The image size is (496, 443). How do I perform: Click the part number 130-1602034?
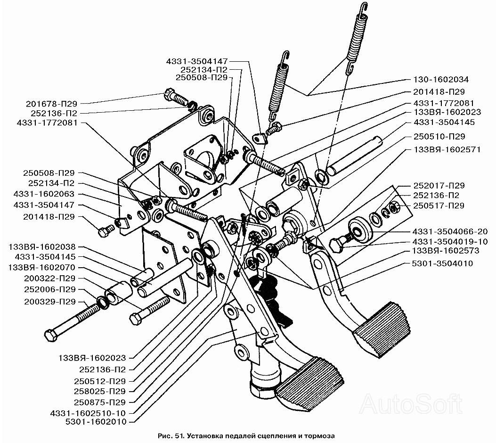click(x=442, y=79)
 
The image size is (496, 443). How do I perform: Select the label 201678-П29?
click(x=51, y=103)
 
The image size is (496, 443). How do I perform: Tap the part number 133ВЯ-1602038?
click(x=45, y=247)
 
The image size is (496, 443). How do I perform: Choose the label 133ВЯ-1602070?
click(x=45, y=268)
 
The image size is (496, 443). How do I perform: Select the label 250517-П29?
click(x=439, y=205)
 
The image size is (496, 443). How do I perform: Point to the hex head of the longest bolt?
click(x=51, y=336)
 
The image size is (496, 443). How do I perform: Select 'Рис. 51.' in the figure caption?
click(x=173, y=436)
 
